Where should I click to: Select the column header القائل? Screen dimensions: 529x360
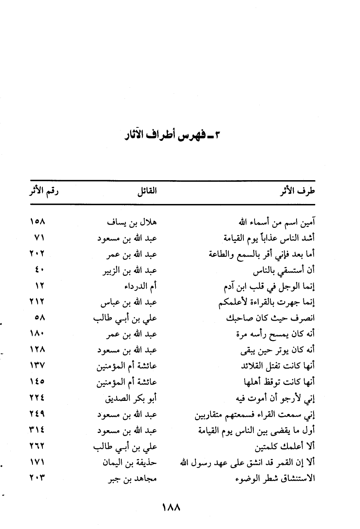click(x=147, y=192)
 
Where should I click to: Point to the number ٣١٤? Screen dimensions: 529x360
click(x=37, y=431)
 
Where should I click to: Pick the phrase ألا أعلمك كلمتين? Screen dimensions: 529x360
click(x=285, y=446)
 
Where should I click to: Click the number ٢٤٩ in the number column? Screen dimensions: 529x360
click(x=37, y=415)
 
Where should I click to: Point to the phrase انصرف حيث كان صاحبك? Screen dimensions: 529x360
click(x=271, y=318)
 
